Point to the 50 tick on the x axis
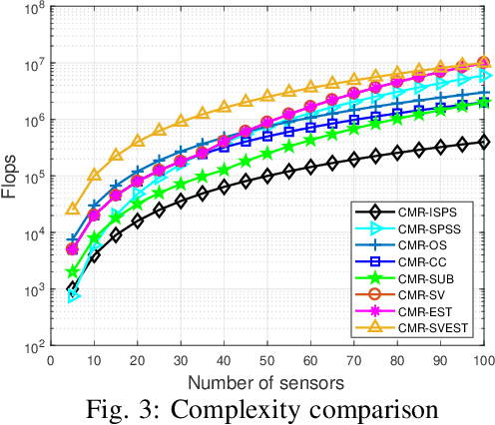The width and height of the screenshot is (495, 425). click(267, 360)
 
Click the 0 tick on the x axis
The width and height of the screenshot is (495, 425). click(53, 360)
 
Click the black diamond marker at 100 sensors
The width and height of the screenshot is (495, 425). click(484, 143)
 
